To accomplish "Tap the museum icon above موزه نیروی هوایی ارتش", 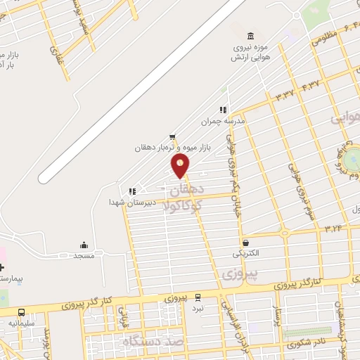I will pyautogui.click(x=250, y=37).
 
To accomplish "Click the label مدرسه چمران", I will pyautogui.click(x=226, y=121).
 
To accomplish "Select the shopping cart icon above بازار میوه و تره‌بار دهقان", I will pyautogui.click(x=173, y=137).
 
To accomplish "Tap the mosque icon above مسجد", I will pyautogui.click(x=84, y=245).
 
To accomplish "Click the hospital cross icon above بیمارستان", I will pyautogui.click(x=2, y=268).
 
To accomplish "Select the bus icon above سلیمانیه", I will pyautogui.click(x=21, y=312).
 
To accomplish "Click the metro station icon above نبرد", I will pyautogui.click(x=198, y=298).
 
